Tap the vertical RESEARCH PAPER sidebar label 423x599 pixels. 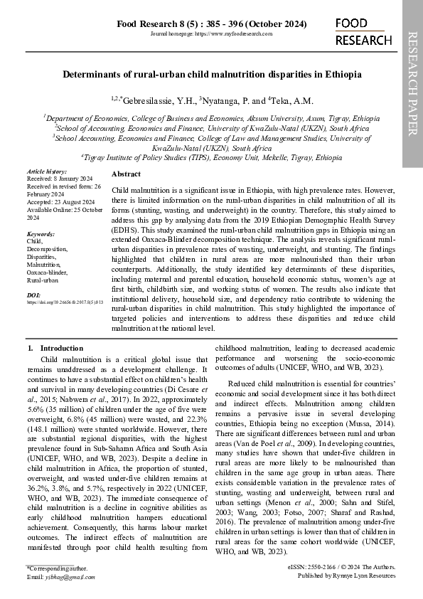[412, 83]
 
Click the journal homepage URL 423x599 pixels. [212, 34]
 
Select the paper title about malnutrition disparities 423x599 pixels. [212, 74]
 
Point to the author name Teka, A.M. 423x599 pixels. [289, 101]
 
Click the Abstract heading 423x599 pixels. [126, 174]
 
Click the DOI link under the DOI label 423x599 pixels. [60, 302]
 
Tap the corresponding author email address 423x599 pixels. [64, 576]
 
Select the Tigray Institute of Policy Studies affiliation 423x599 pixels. [212, 157]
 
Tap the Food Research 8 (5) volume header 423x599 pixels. [212, 24]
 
